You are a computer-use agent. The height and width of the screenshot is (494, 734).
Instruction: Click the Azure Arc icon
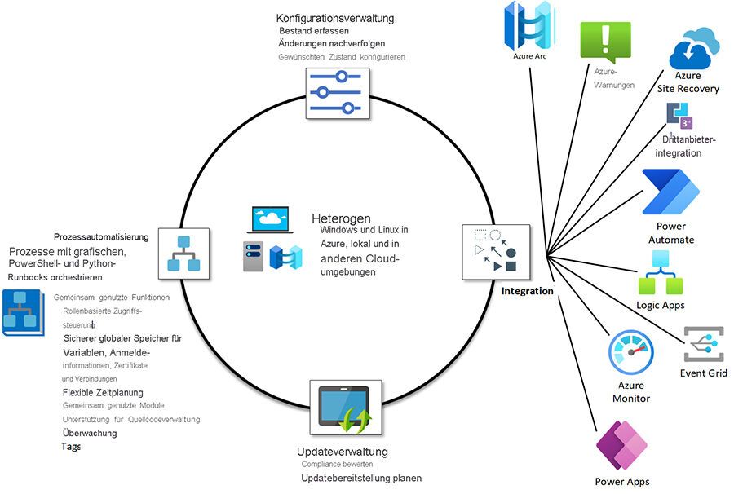coord(529,28)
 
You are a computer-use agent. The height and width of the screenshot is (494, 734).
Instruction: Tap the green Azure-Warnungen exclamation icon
coord(605,42)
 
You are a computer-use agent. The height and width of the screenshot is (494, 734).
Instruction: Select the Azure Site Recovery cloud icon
coord(694,48)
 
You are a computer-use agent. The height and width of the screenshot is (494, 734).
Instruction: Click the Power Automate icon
coord(671,193)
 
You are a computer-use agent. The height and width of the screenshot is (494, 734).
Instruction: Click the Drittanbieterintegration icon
coord(679,117)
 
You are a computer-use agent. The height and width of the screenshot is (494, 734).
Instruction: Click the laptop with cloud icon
coord(272,221)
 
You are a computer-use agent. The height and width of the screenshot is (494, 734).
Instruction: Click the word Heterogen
coord(341,219)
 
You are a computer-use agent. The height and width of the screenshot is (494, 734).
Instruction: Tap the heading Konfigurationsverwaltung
coord(335,18)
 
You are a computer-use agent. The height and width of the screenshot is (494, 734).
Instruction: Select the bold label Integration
coord(527,291)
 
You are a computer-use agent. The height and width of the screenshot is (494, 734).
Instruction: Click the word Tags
coord(71,447)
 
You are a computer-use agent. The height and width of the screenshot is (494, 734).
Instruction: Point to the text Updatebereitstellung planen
coord(361,478)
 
